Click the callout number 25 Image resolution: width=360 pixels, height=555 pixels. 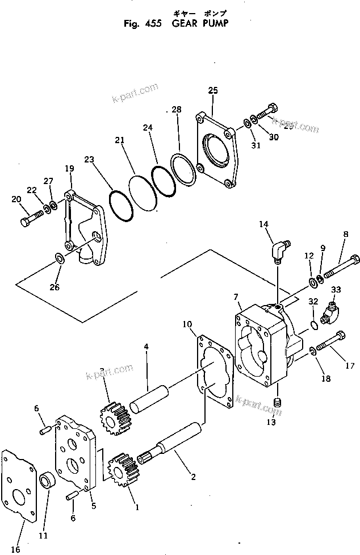tap(212, 91)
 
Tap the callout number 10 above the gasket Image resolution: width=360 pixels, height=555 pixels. tap(187, 325)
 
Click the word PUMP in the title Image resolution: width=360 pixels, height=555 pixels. tap(216, 24)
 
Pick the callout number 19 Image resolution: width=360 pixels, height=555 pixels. tap(69, 169)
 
